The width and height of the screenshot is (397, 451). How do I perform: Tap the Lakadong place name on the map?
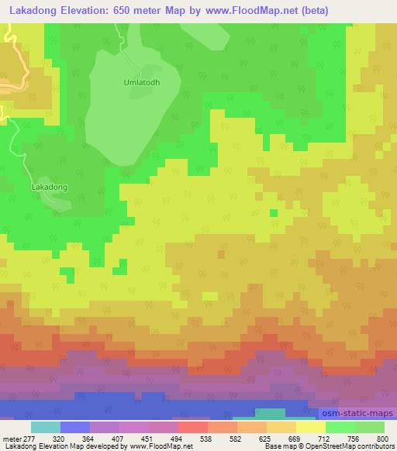click(49, 187)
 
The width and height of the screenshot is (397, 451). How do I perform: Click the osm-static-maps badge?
click(356, 415)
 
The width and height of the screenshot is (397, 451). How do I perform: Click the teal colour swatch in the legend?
click(46, 427)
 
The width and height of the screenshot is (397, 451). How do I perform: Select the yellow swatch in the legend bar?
click(310, 427)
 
